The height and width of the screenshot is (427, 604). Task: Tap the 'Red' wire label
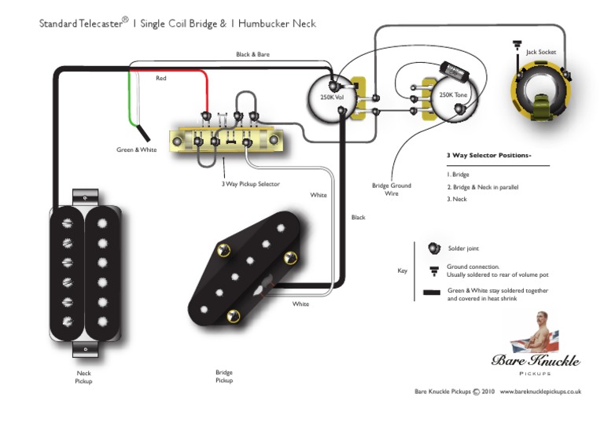160,79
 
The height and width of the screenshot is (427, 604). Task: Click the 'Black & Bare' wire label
252,54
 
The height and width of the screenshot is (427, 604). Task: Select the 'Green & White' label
137,150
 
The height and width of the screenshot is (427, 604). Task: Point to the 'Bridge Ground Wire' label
391,190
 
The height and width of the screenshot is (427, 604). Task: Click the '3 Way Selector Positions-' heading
488,155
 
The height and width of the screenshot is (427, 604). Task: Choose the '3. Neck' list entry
459,199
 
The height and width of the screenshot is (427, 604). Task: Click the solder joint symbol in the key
431,248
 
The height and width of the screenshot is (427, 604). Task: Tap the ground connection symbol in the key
431,270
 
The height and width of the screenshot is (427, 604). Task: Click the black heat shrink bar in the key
431,294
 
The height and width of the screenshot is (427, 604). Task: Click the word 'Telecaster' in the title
101,24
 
